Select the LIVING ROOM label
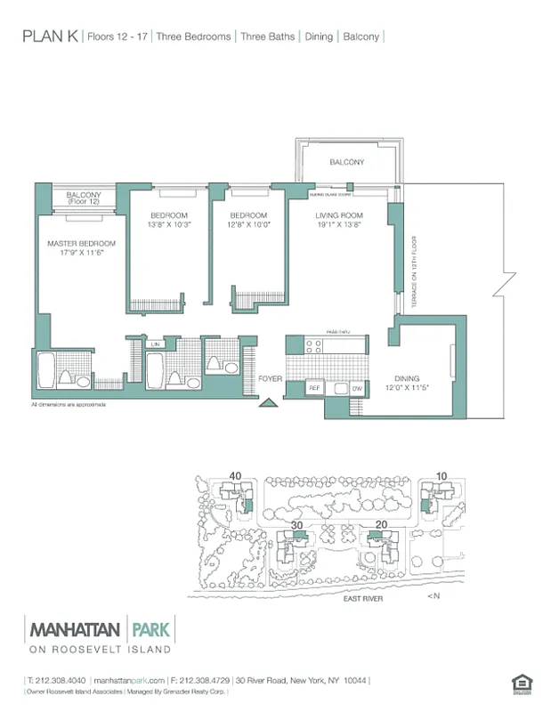click(339, 216)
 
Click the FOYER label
click(270, 379)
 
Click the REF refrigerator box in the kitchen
click(313, 388)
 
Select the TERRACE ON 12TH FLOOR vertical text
click(414, 271)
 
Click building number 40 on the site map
click(235, 476)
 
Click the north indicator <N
click(433, 595)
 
